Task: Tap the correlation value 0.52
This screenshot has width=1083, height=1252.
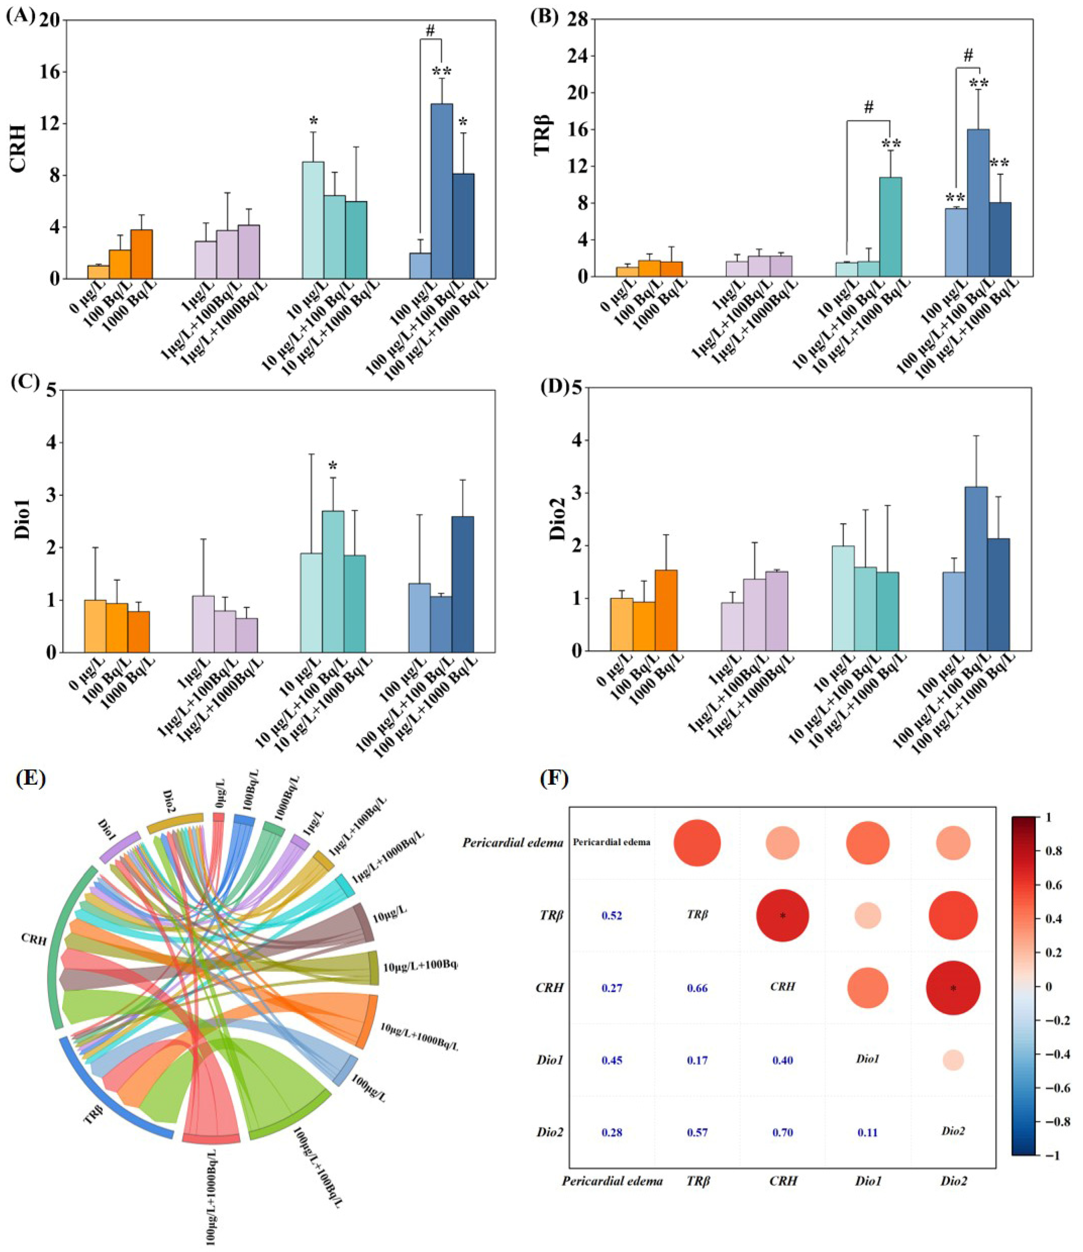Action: pos(612,915)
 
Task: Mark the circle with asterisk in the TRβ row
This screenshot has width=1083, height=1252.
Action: pos(783,915)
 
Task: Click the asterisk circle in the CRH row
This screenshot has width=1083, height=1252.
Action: pos(953,988)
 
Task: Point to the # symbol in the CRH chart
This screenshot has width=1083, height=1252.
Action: pos(430,30)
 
